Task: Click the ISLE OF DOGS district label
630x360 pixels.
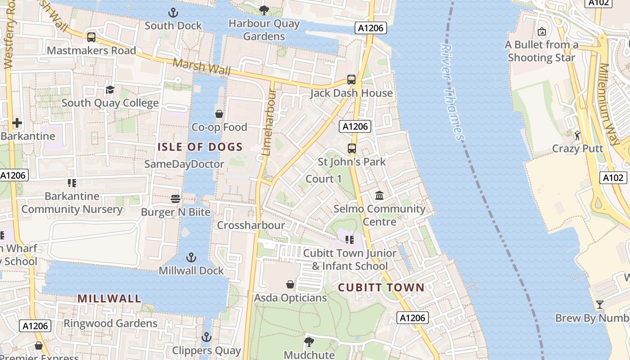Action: (200, 147)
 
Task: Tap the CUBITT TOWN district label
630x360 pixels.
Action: (381, 288)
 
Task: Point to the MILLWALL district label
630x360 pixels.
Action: (109, 298)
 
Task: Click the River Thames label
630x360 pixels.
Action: (452, 92)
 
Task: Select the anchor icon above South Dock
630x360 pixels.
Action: (173, 12)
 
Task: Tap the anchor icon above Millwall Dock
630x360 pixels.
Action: (191, 258)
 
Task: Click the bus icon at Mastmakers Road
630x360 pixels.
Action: (91, 37)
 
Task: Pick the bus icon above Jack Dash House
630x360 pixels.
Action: (351, 80)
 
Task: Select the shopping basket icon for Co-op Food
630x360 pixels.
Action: (219, 114)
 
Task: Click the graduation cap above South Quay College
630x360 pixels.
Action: (110, 90)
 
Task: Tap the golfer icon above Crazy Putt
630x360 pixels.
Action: (577, 135)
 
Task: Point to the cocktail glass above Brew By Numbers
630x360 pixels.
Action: (599, 305)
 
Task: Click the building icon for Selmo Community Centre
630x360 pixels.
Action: (379, 196)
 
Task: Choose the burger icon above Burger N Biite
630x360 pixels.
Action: (175, 198)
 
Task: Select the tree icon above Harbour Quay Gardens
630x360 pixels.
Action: (264, 10)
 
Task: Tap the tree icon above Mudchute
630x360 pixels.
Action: (309, 342)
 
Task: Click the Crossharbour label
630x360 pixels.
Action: (251, 225)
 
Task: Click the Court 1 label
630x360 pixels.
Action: (324, 179)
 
